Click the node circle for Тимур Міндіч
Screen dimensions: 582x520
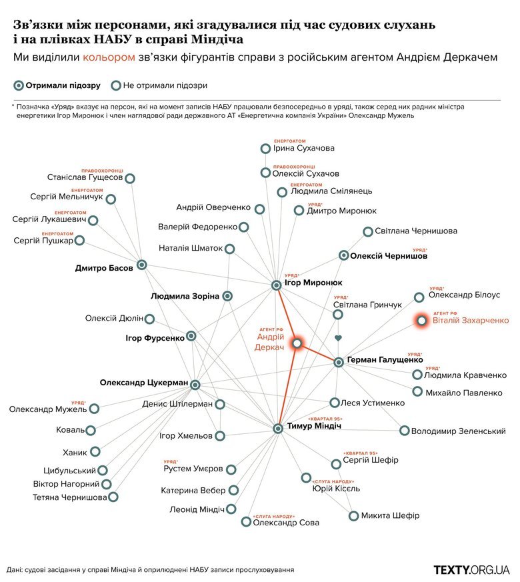[x=278, y=427]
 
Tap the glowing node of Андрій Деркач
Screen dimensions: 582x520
[x=297, y=343]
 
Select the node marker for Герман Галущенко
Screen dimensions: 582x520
[x=339, y=362]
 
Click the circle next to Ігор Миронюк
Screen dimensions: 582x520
[x=277, y=285]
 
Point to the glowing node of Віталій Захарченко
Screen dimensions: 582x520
[x=421, y=321]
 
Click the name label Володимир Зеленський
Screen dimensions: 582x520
[x=458, y=431]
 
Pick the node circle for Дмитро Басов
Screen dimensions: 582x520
[x=141, y=265]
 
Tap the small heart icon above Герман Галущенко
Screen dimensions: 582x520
[x=338, y=339]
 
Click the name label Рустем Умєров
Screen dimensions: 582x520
[x=193, y=469]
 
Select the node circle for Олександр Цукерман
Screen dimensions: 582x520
[x=195, y=385]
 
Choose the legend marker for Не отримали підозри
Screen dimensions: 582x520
[x=116, y=85]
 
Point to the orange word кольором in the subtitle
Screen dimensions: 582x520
[x=105, y=58]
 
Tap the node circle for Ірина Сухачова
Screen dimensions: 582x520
[x=265, y=149]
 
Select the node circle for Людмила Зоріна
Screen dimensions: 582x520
[x=228, y=295]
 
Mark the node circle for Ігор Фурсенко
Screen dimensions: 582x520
[x=191, y=336]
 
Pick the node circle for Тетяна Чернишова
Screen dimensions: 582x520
[x=113, y=497]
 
